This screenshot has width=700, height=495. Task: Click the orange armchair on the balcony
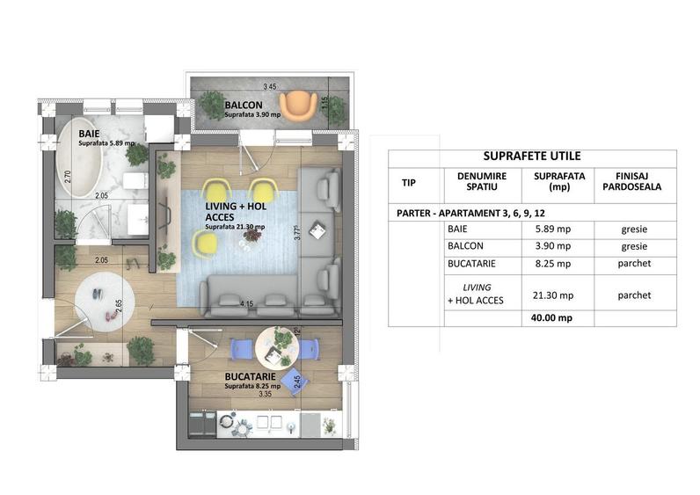click(302, 104)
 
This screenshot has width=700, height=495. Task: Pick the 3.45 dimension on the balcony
click(271, 86)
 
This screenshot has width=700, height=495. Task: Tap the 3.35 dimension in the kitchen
click(266, 395)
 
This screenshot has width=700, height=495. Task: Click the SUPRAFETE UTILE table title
click(531, 157)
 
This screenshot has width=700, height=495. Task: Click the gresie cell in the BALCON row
click(634, 246)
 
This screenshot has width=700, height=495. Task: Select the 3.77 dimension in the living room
click(298, 234)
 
